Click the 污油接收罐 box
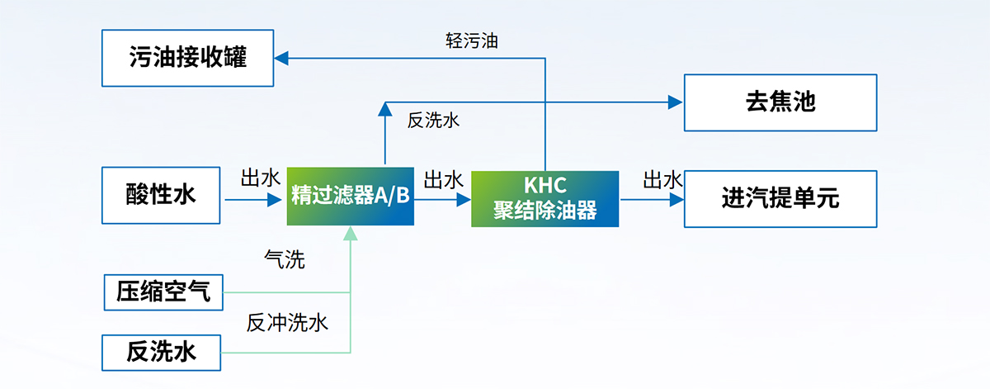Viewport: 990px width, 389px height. pos(187,58)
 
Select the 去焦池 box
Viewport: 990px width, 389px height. pos(780,102)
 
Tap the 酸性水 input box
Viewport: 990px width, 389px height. pos(161,195)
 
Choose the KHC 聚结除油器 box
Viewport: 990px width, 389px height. pos(544,199)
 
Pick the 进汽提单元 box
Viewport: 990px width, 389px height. pos(780,199)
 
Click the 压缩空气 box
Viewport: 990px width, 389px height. pos(163,292)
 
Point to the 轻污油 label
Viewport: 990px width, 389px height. pos(471,40)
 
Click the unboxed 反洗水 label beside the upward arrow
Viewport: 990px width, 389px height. pos(433,121)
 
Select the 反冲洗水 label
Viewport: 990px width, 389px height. pos(287,323)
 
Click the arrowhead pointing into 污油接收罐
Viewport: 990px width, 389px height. pos(281,58)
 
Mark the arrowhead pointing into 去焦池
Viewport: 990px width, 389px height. pos(676,102)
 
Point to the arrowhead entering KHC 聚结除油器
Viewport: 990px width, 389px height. pos(464,199)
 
